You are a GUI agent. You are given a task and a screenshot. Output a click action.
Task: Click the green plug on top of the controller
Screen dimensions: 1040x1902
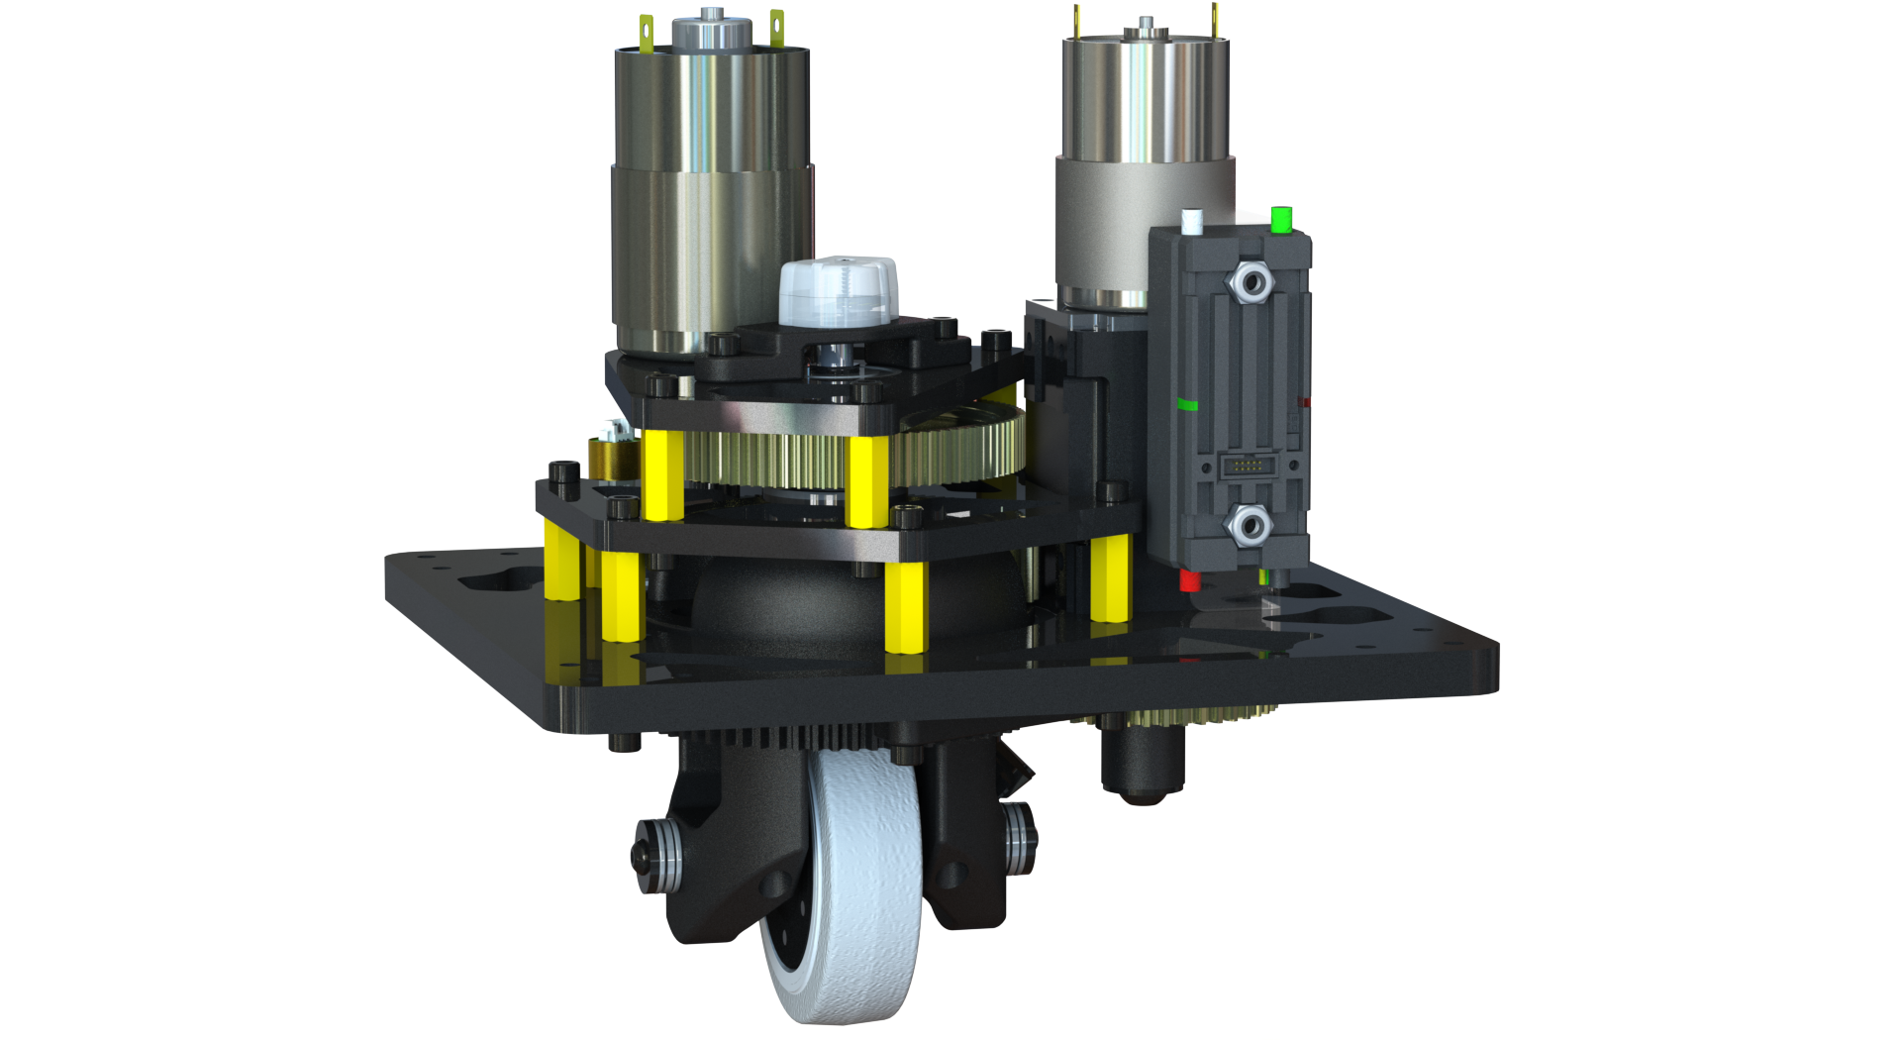tap(1280, 219)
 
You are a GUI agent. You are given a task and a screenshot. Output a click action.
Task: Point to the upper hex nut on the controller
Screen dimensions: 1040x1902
tap(1250, 283)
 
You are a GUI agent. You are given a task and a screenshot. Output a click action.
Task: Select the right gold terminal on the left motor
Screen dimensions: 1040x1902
tap(777, 28)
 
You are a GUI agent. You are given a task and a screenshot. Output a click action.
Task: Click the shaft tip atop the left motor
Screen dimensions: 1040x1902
tap(710, 15)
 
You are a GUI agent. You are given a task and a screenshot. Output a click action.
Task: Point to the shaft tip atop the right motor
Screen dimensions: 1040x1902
tap(1145, 22)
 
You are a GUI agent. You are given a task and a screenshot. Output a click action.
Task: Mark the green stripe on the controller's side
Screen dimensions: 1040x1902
tap(1186, 404)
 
